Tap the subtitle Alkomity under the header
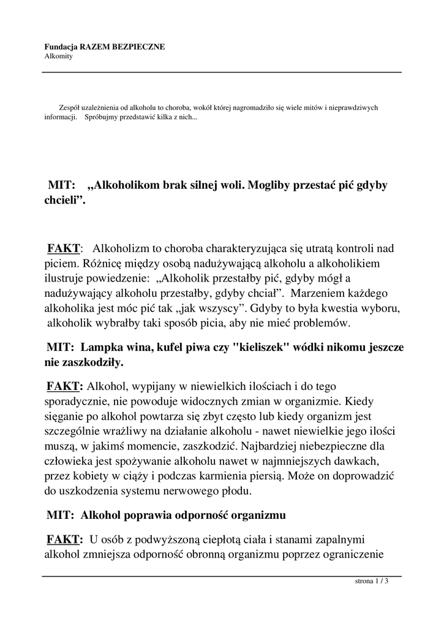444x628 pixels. (x=58, y=56)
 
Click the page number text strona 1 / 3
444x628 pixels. (x=372, y=581)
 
